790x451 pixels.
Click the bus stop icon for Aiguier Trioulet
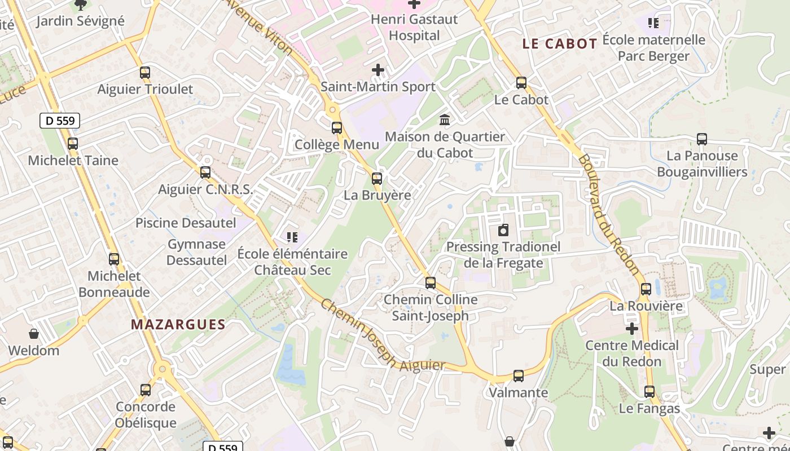(x=145, y=73)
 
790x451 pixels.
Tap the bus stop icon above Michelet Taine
(x=73, y=144)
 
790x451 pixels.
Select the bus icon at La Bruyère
(x=377, y=179)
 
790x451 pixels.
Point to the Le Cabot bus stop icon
(x=521, y=83)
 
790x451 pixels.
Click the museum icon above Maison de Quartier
(x=445, y=120)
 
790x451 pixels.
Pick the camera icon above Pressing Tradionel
(x=503, y=230)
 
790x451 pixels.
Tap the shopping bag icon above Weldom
(x=34, y=334)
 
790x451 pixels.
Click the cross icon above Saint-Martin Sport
(x=378, y=70)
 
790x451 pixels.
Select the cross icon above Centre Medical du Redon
(x=632, y=329)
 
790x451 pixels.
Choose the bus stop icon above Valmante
(x=519, y=376)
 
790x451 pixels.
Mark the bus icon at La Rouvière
(x=646, y=290)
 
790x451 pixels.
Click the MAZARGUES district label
(x=178, y=325)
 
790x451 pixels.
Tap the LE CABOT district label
(x=560, y=44)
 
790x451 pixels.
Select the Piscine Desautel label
(x=186, y=223)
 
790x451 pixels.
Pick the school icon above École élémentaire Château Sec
(x=292, y=237)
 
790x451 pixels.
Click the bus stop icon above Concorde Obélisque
(x=146, y=390)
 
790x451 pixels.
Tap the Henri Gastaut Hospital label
(x=414, y=27)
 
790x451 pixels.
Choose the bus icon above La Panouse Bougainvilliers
(x=702, y=139)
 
